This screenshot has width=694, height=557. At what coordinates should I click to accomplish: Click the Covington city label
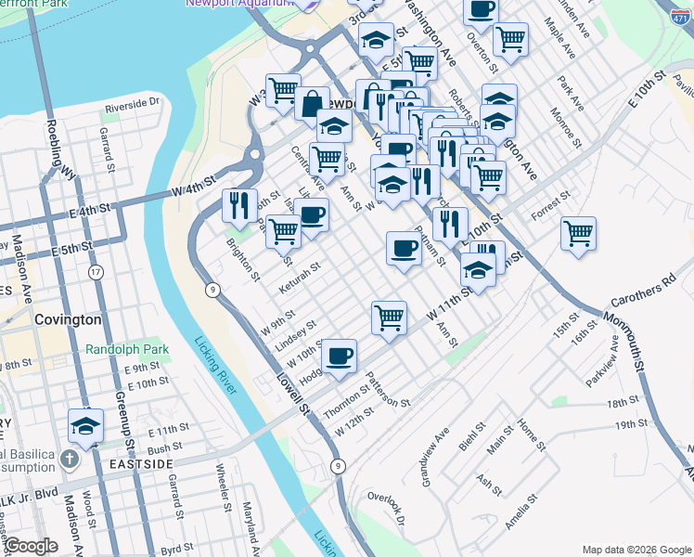(67, 319)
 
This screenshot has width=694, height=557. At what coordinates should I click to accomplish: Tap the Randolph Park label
(127, 350)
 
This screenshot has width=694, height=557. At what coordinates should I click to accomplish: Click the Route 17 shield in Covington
(96, 272)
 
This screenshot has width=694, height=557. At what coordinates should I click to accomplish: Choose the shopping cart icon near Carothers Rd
(579, 233)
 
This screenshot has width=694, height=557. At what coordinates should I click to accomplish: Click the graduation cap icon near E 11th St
(85, 427)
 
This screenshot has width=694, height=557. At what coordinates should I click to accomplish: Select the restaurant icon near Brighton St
(239, 205)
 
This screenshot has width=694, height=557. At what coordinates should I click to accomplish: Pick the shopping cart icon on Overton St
(510, 39)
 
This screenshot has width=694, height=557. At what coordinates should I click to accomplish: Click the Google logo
(31, 547)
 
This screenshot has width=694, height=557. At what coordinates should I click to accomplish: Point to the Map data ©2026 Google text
(636, 550)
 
